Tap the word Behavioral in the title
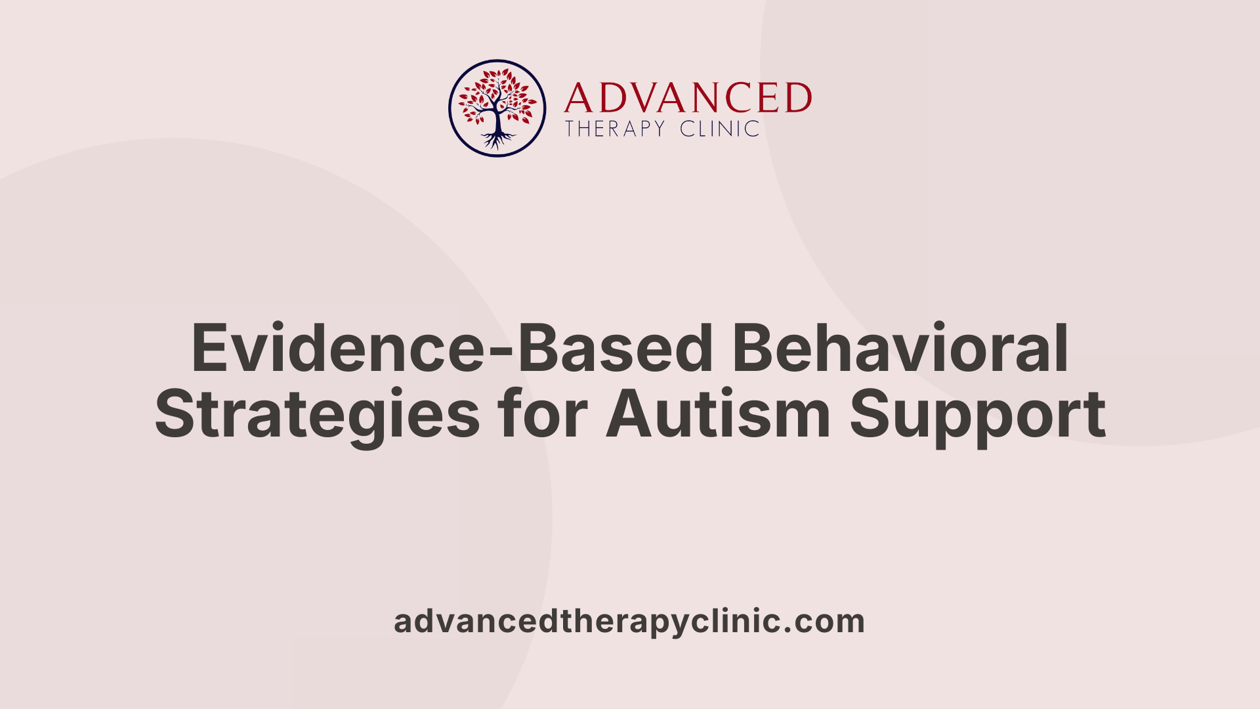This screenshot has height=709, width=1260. (900, 348)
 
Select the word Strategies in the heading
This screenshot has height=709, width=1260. (317, 415)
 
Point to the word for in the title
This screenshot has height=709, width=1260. (541, 415)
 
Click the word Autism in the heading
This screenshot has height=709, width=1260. (719, 415)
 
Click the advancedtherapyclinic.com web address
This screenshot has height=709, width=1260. (629, 621)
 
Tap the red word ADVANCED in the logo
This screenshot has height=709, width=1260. (688, 98)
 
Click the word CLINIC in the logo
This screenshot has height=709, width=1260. (720, 129)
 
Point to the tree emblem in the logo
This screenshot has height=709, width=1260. (497, 108)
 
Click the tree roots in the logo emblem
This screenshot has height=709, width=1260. (497, 139)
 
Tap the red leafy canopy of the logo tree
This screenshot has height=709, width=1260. (497, 95)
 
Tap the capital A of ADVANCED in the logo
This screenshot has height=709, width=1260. (577, 98)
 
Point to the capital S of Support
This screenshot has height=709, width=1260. (870, 415)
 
